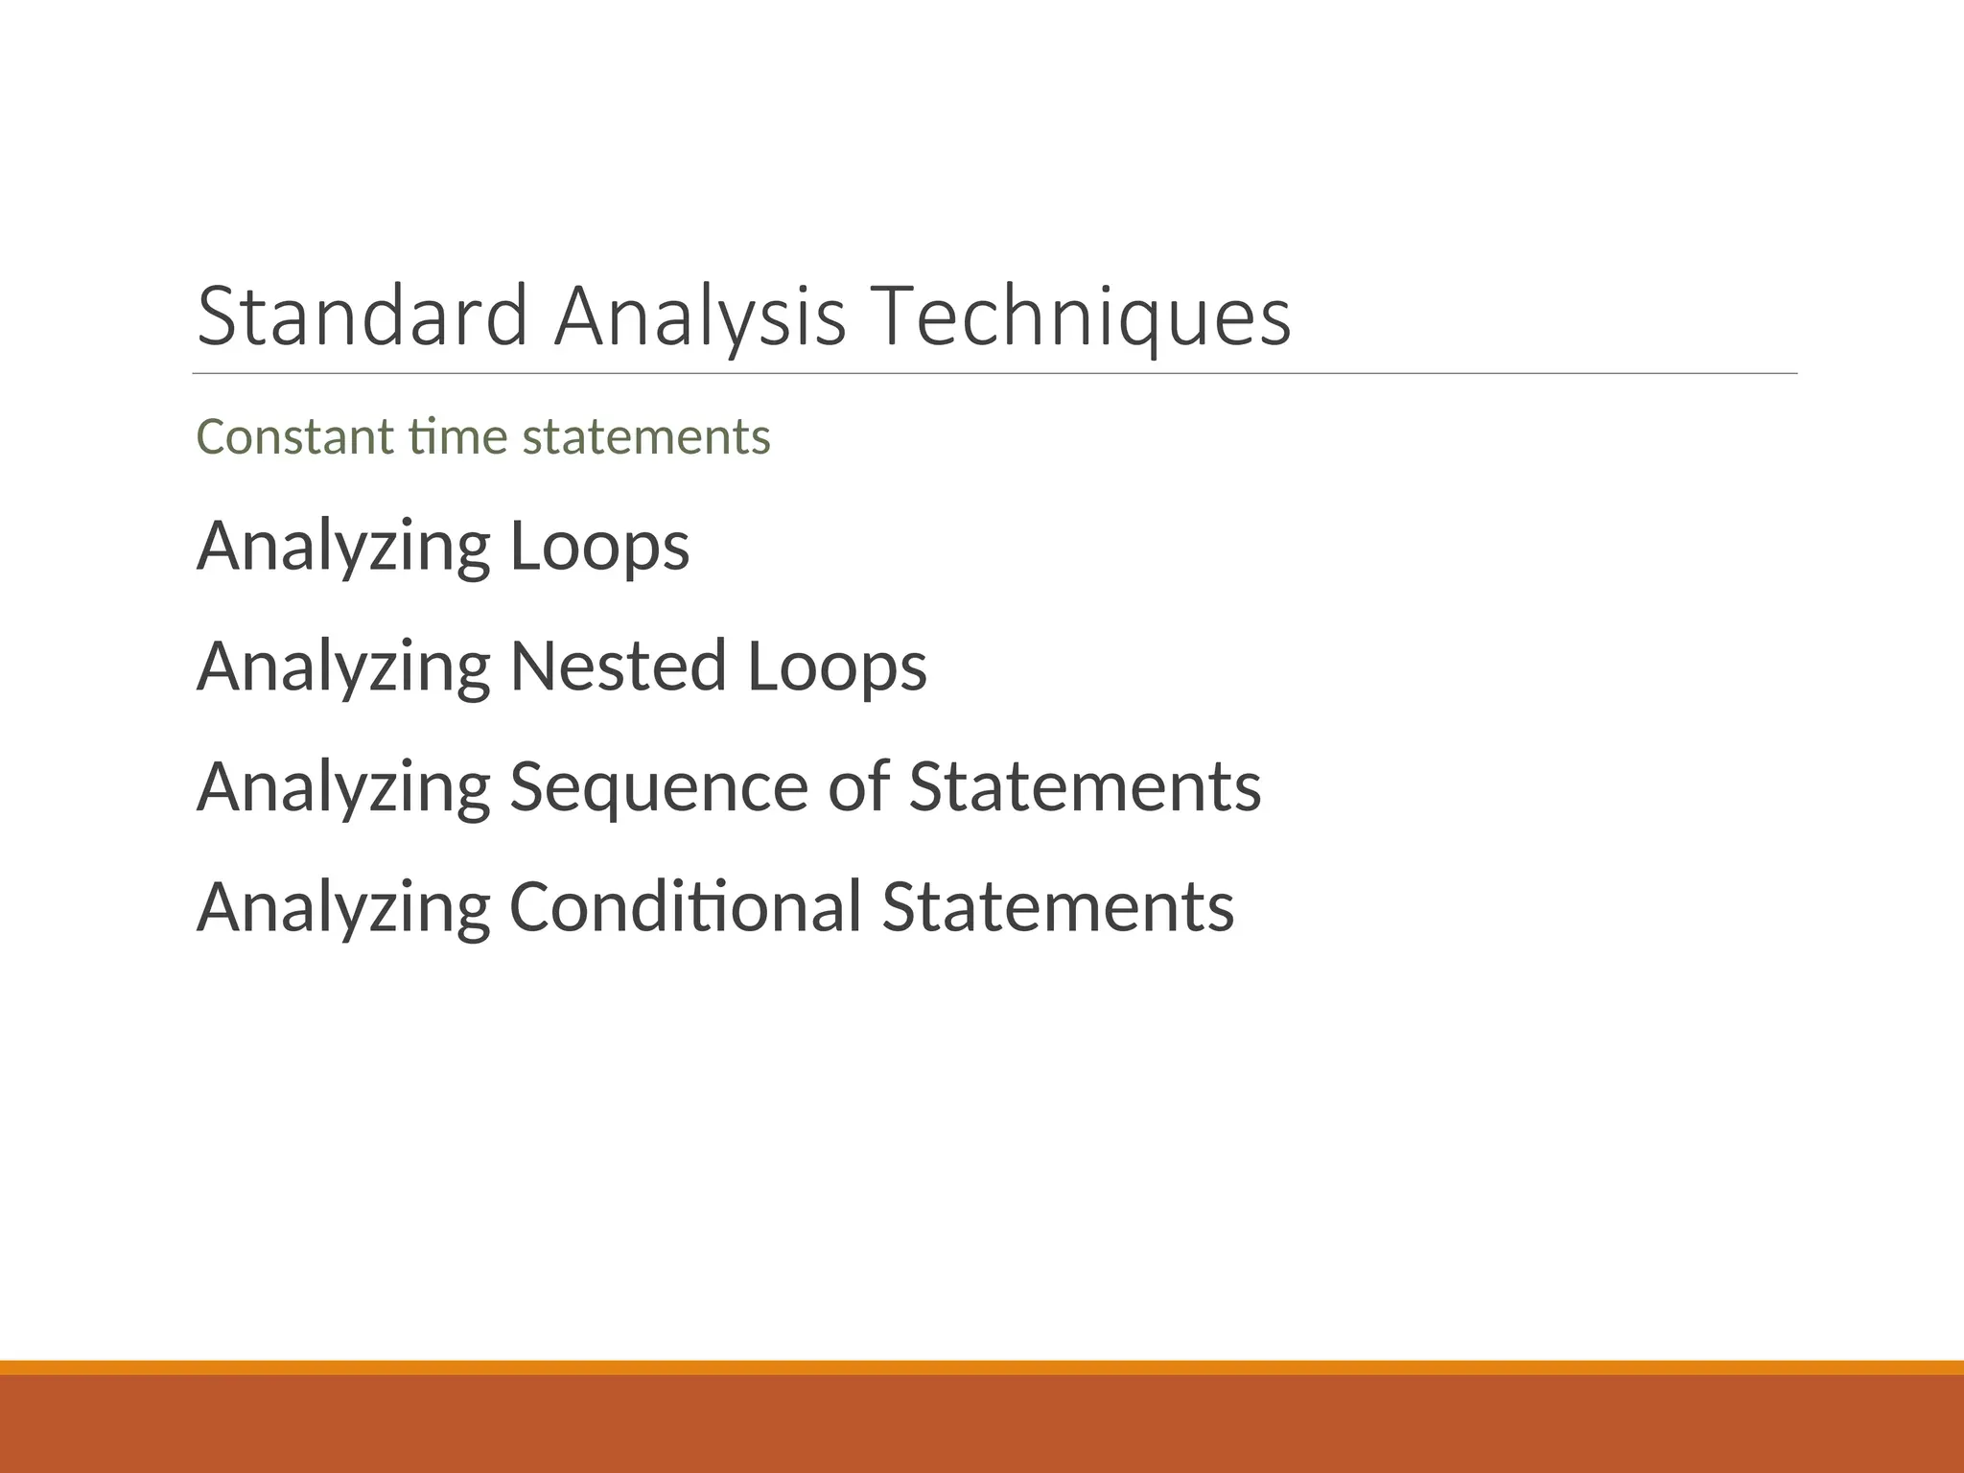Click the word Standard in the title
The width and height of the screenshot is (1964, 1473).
coord(362,316)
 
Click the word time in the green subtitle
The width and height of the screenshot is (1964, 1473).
coord(457,436)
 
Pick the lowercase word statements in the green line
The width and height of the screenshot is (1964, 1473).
coord(646,436)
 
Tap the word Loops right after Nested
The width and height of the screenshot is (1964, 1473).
coord(836,666)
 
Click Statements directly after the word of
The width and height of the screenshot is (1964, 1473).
coord(1085,786)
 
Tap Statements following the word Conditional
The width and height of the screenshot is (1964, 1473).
coord(1058,906)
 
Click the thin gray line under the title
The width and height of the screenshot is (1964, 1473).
coord(994,374)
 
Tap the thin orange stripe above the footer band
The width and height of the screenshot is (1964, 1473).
coord(982,1368)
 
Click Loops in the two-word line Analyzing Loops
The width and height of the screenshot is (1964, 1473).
coord(599,546)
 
